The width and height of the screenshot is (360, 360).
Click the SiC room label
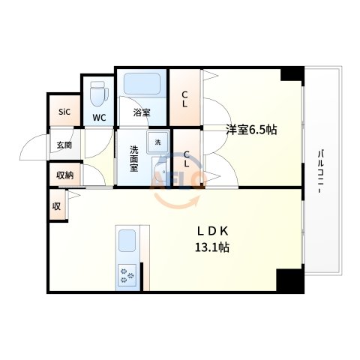point(64,112)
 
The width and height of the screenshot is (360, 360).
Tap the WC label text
point(98,118)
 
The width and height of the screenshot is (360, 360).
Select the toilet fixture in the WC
point(97,95)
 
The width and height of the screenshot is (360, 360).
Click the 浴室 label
point(141,113)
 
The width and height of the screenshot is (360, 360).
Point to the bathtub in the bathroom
point(140,85)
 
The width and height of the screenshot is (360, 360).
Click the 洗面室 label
point(133,158)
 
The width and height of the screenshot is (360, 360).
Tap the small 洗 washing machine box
point(158,141)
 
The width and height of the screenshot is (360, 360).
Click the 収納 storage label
point(64,175)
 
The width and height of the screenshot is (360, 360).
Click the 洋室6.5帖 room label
point(252,129)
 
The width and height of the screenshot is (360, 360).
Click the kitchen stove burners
point(126,277)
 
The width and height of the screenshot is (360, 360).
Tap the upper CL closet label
point(184,98)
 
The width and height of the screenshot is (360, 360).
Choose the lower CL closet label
point(187,160)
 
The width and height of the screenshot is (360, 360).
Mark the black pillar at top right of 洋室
point(293,75)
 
